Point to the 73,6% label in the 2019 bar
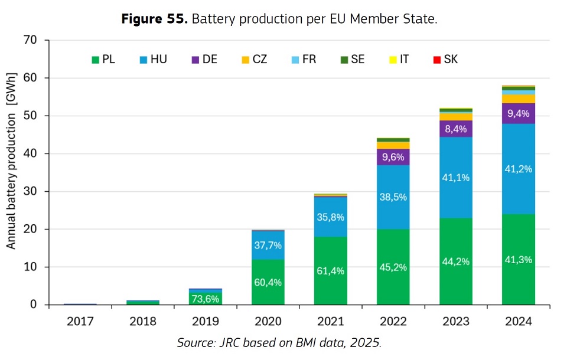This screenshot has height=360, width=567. click(x=205, y=299)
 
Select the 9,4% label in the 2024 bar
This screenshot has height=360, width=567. click(x=519, y=113)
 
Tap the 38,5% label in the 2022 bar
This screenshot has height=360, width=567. click(x=393, y=197)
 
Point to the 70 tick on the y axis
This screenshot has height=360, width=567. click(x=30, y=40)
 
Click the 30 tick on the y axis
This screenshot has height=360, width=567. click(x=30, y=191)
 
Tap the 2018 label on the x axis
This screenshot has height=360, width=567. click(x=142, y=322)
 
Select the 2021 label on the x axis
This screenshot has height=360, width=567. click(x=330, y=322)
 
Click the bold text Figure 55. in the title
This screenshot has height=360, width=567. click(x=154, y=19)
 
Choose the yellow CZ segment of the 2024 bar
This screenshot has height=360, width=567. click(x=519, y=99)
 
